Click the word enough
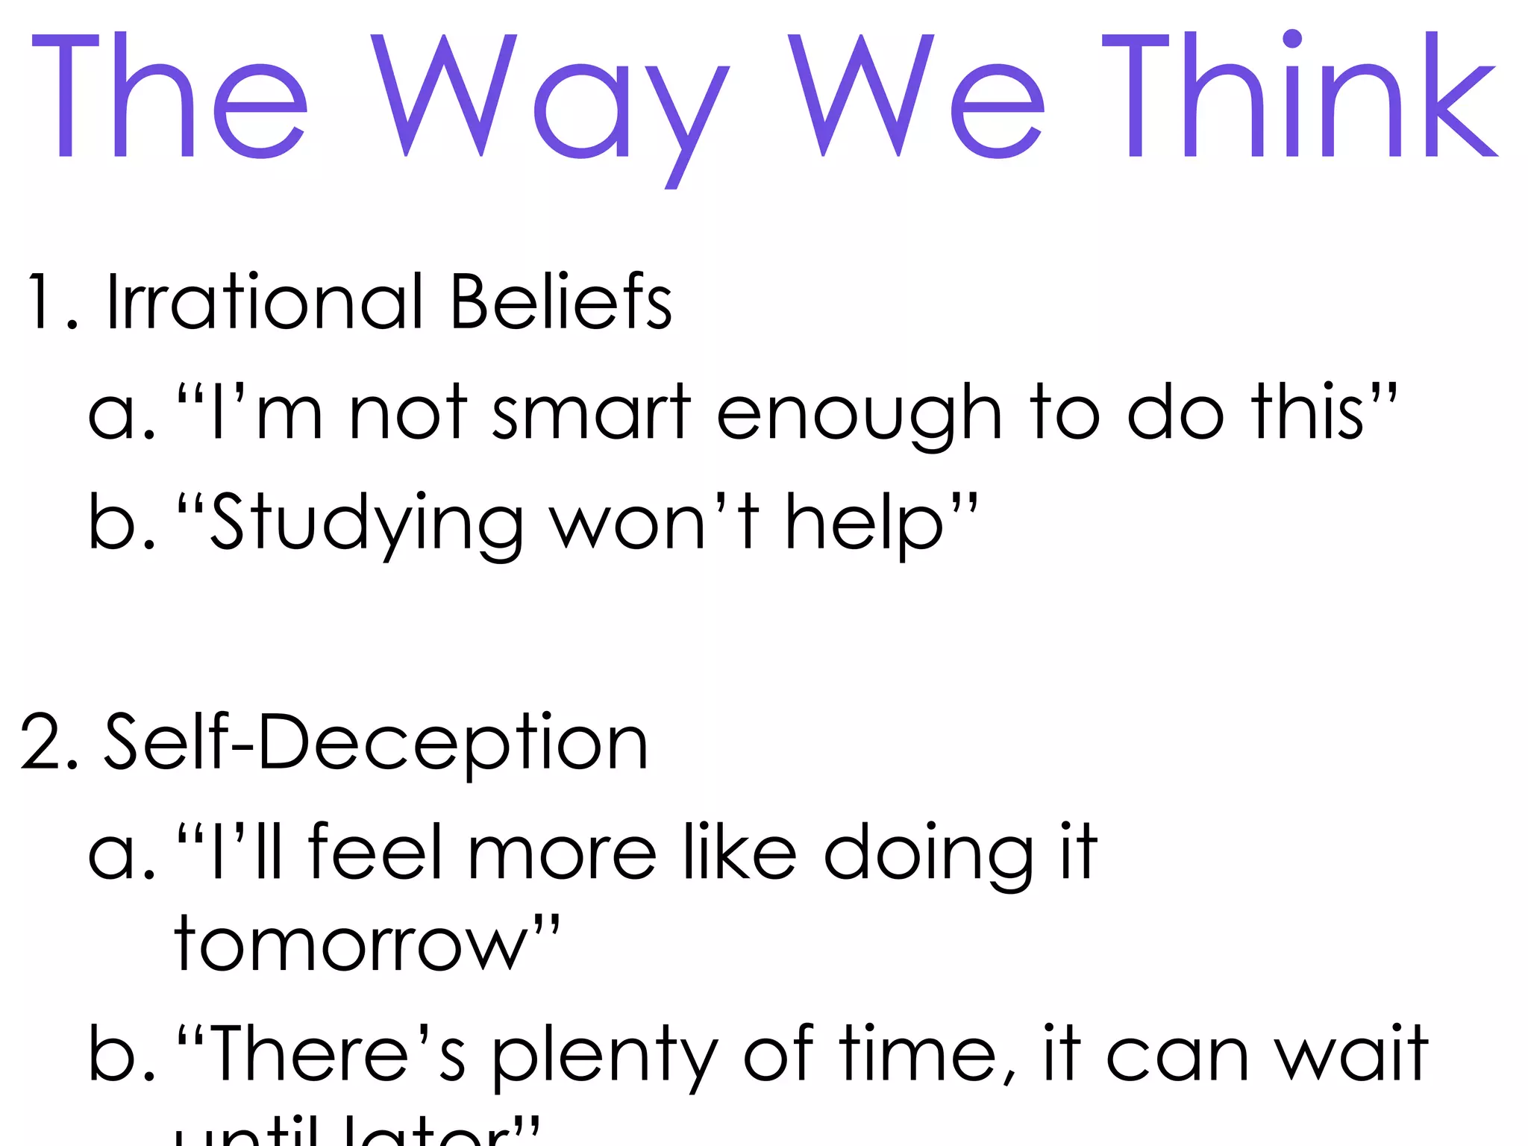click(859, 415)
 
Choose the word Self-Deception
click(376, 742)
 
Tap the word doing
click(929, 854)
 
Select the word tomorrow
click(351, 945)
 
